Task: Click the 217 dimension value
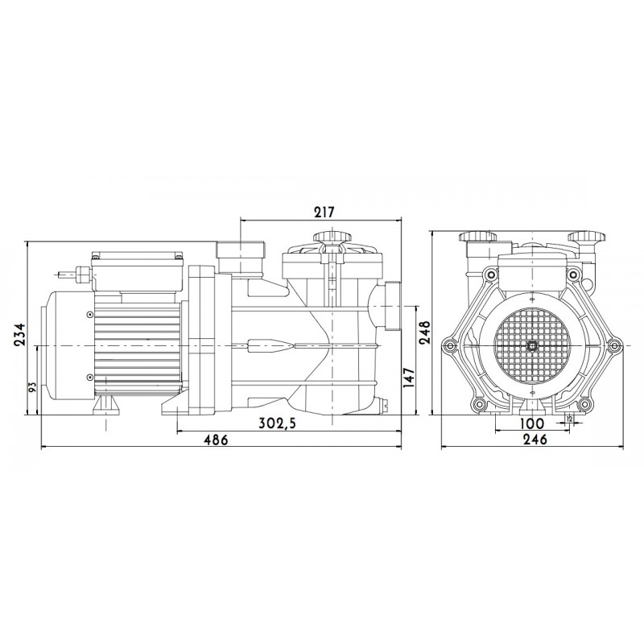tap(324, 213)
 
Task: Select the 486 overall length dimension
tap(216, 440)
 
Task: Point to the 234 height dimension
tap(19, 335)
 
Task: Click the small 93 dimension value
tap(33, 387)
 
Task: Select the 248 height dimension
tap(424, 332)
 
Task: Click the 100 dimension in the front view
tap(532, 423)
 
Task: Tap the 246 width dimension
tap(536, 440)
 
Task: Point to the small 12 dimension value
tap(569, 418)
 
